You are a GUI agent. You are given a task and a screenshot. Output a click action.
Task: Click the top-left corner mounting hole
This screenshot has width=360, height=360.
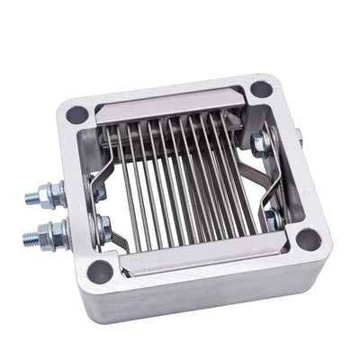[77, 114]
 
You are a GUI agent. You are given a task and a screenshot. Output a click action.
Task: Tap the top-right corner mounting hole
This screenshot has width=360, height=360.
[260, 89]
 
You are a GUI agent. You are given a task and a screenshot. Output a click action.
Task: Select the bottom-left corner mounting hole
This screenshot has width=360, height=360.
[100, 270]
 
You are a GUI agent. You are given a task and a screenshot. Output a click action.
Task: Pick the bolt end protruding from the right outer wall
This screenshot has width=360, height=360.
[298, 138]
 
